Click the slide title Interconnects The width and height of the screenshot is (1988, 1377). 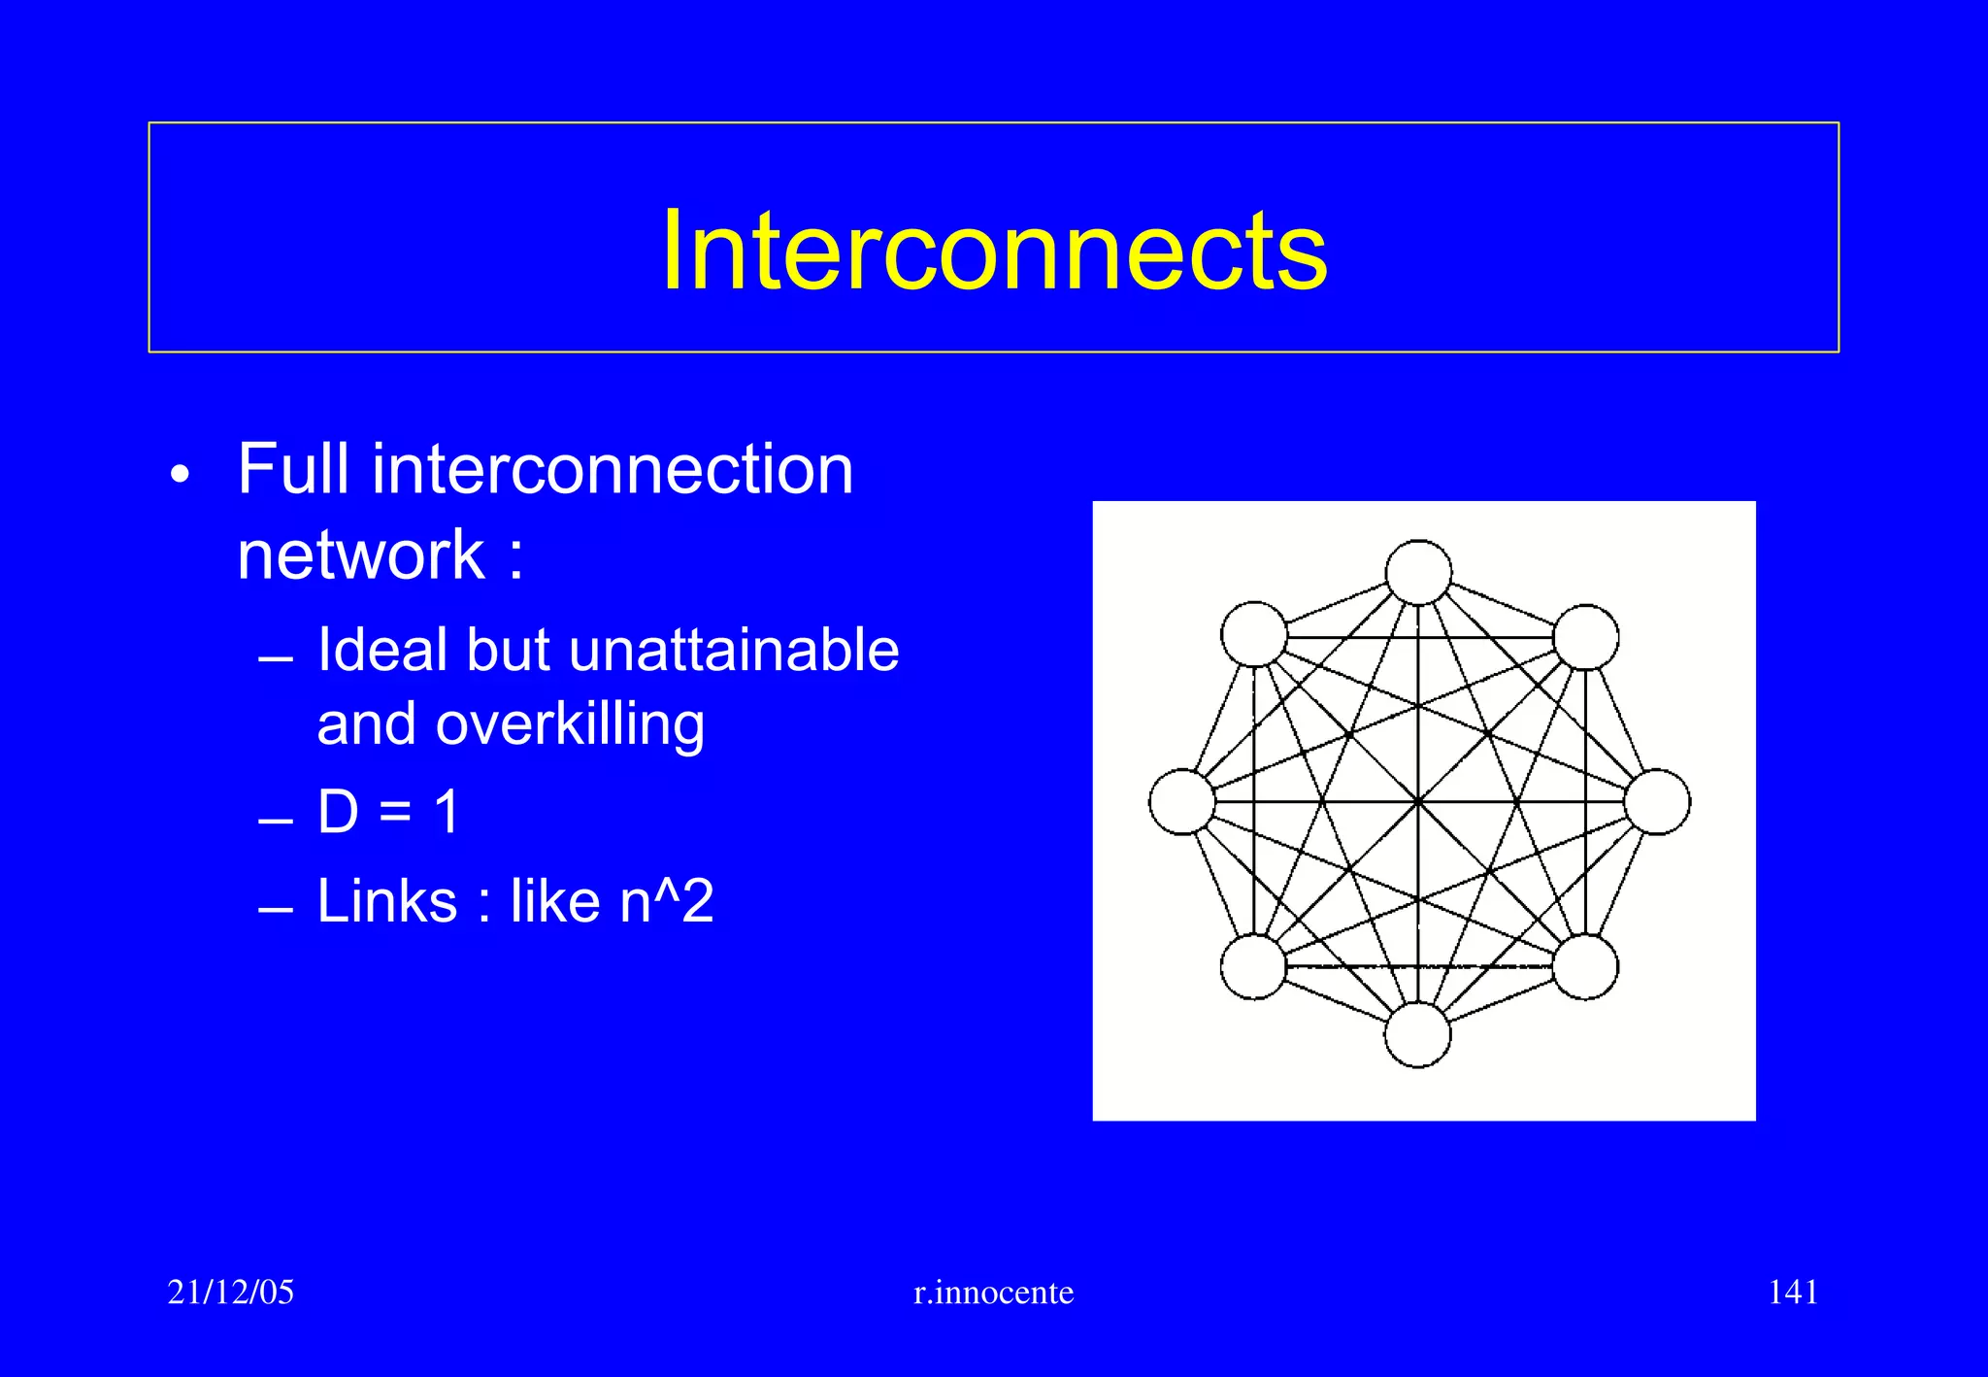[x=993, y=251]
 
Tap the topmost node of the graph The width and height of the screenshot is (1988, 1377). [x=1418, y=573]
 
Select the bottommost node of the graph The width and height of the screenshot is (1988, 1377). [x=1417, y=1034]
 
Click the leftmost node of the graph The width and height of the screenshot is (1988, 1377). [x=1182, y=802]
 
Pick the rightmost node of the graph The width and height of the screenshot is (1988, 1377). [x=1657, y=802]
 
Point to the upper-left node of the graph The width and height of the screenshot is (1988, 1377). [x=1254, y=634]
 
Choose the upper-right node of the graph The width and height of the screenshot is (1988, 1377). [x=1585, y=637]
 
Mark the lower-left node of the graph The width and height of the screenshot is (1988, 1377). [x=1253, y=967]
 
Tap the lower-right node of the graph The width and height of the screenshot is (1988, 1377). [x=1585, y=967]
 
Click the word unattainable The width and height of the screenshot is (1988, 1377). [x=734, y=650]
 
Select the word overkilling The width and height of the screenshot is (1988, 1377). [x=571, y=725]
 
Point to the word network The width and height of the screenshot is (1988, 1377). [x=361, y=555]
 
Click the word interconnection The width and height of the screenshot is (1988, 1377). [x=612, y=470]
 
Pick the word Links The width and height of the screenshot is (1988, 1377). [x=387, y=901]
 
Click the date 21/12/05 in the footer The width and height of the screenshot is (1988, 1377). [x=230, y=1293]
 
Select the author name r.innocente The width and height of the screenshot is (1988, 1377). [x=993, y=1293]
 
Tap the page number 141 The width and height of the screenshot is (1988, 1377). [x=1792, y=1293]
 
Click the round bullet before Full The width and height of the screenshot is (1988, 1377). [x=180, y=475]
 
